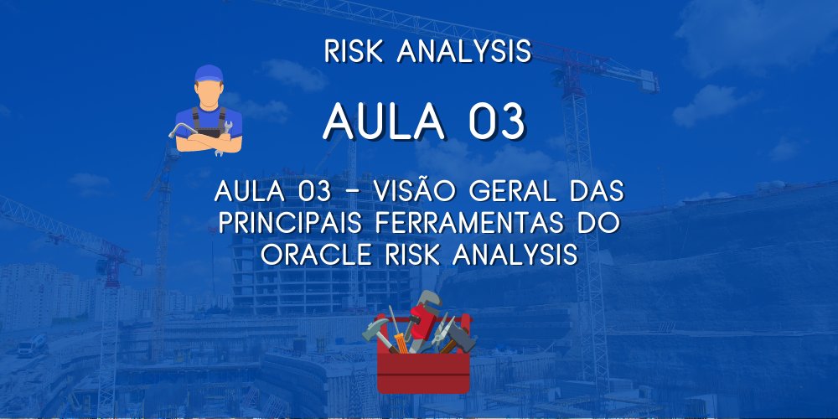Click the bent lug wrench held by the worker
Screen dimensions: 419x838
[x=179, y=132]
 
